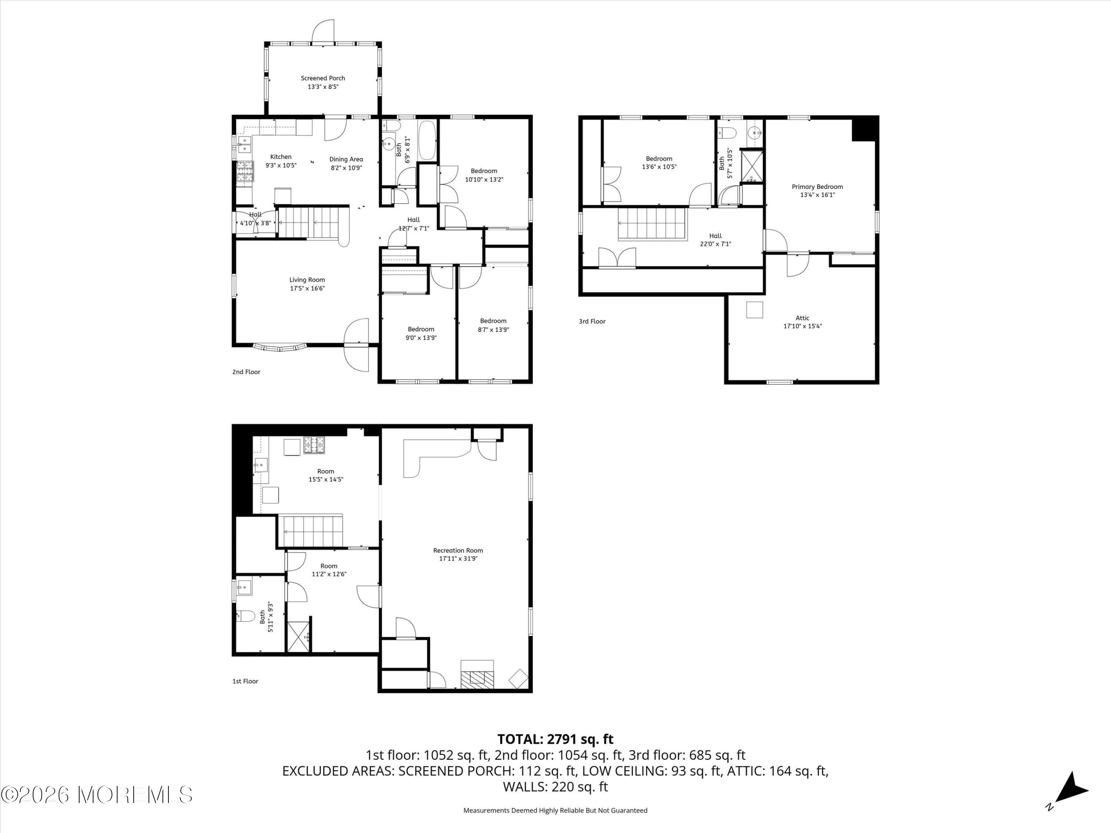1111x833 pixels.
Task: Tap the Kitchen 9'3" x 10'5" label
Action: tap(281, 161)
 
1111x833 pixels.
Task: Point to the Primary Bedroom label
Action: tap(817, 187)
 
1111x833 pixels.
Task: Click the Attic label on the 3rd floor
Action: tap(802, 318)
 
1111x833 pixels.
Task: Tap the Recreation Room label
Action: tap(458, 550)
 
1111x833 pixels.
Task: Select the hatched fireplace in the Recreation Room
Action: tap(477, 679)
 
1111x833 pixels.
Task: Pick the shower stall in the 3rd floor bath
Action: tap(752, 166)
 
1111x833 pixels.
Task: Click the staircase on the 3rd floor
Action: tap(652, 224)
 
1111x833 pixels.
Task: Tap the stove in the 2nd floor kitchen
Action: tap(244, 171)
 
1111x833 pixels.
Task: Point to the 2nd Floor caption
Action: tap(246, 372)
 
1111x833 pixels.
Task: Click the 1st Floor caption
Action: tap(245, 681)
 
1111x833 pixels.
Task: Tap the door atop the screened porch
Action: tap(323, 31)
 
